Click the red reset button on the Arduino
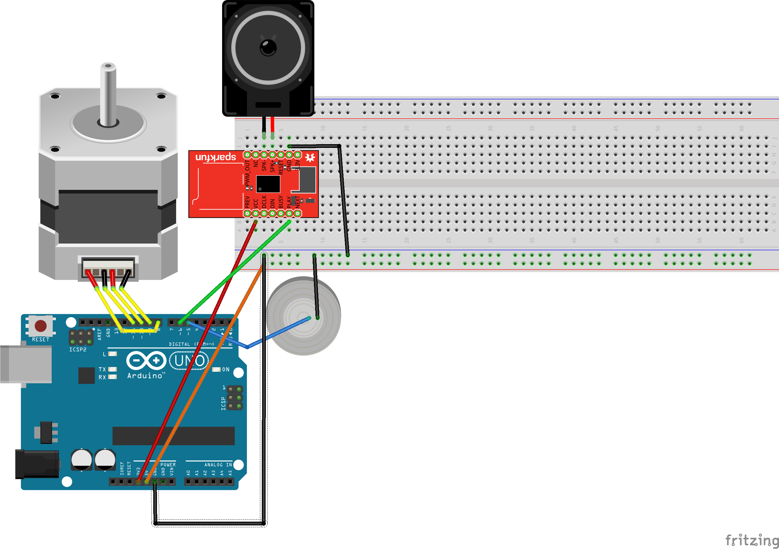[x=41, y=326]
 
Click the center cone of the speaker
[x=268, y=48]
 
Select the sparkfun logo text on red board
[x=216, y=157]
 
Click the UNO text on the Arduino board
[x=189, y=361]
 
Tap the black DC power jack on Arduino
[x=37, y=464]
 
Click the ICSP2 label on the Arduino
[x=78, y=350]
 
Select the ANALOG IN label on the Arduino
[x=218, y=465]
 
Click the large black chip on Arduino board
[x=173, y=436]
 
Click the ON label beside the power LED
[x=226, y=370]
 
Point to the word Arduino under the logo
[x=145, y=376]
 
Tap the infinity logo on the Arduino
[x=146, y=360]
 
